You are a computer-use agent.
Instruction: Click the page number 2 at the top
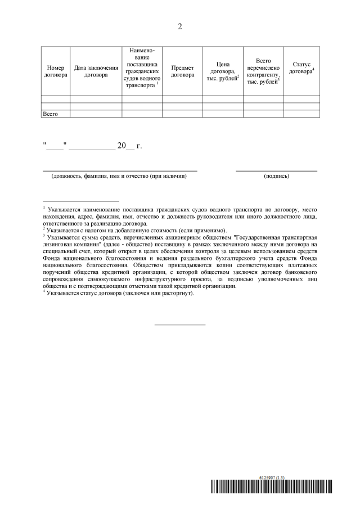point(180,26)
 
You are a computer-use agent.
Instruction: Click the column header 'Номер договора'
point(55,71)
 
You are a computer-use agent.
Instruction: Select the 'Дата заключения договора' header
point(96,71)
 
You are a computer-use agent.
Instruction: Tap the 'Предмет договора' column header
point(182,71)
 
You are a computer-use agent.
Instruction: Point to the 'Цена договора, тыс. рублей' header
point(223,71)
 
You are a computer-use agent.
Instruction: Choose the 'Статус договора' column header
point(301,68)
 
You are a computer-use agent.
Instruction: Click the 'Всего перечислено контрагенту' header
point(263,71)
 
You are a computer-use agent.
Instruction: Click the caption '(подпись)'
point(276,177)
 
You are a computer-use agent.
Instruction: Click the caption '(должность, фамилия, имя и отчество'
point(119,177)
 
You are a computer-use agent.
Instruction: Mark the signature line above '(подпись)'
point(276,170)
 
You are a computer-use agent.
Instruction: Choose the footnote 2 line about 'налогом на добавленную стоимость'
point(135,230)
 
